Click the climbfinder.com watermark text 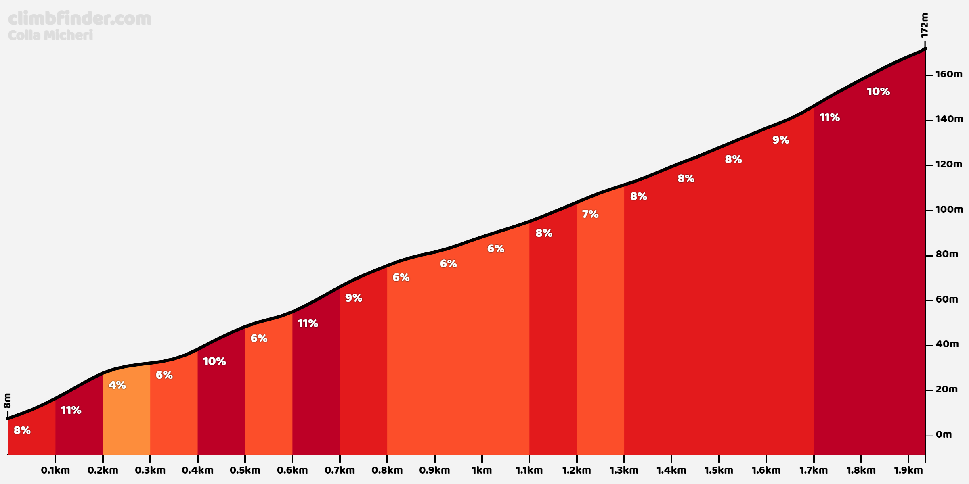(x=80, y=19)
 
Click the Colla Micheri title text (x=50, y=35)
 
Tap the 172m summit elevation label (x=925, y=25)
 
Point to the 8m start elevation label (x=8, y=401)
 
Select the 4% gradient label (x=117, y=385)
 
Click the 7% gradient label (x=590, y=214)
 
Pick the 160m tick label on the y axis (x=949, y=75)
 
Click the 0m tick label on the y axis (x=944, y=434)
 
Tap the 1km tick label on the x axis (x=482, y=470)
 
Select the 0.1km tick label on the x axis (x=55, y=470)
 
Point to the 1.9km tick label (x=908, y=470)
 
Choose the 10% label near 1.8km (x=878, y=92)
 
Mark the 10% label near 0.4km (x=214, y=361)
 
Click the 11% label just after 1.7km (x=829, y=117)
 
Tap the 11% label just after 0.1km (x=71, y=410)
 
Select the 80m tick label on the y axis (x=947, y=255)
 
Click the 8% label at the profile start (x=22, y=430)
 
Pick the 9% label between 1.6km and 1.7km (x=780, y=140)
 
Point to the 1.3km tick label (x=624, y=470)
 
